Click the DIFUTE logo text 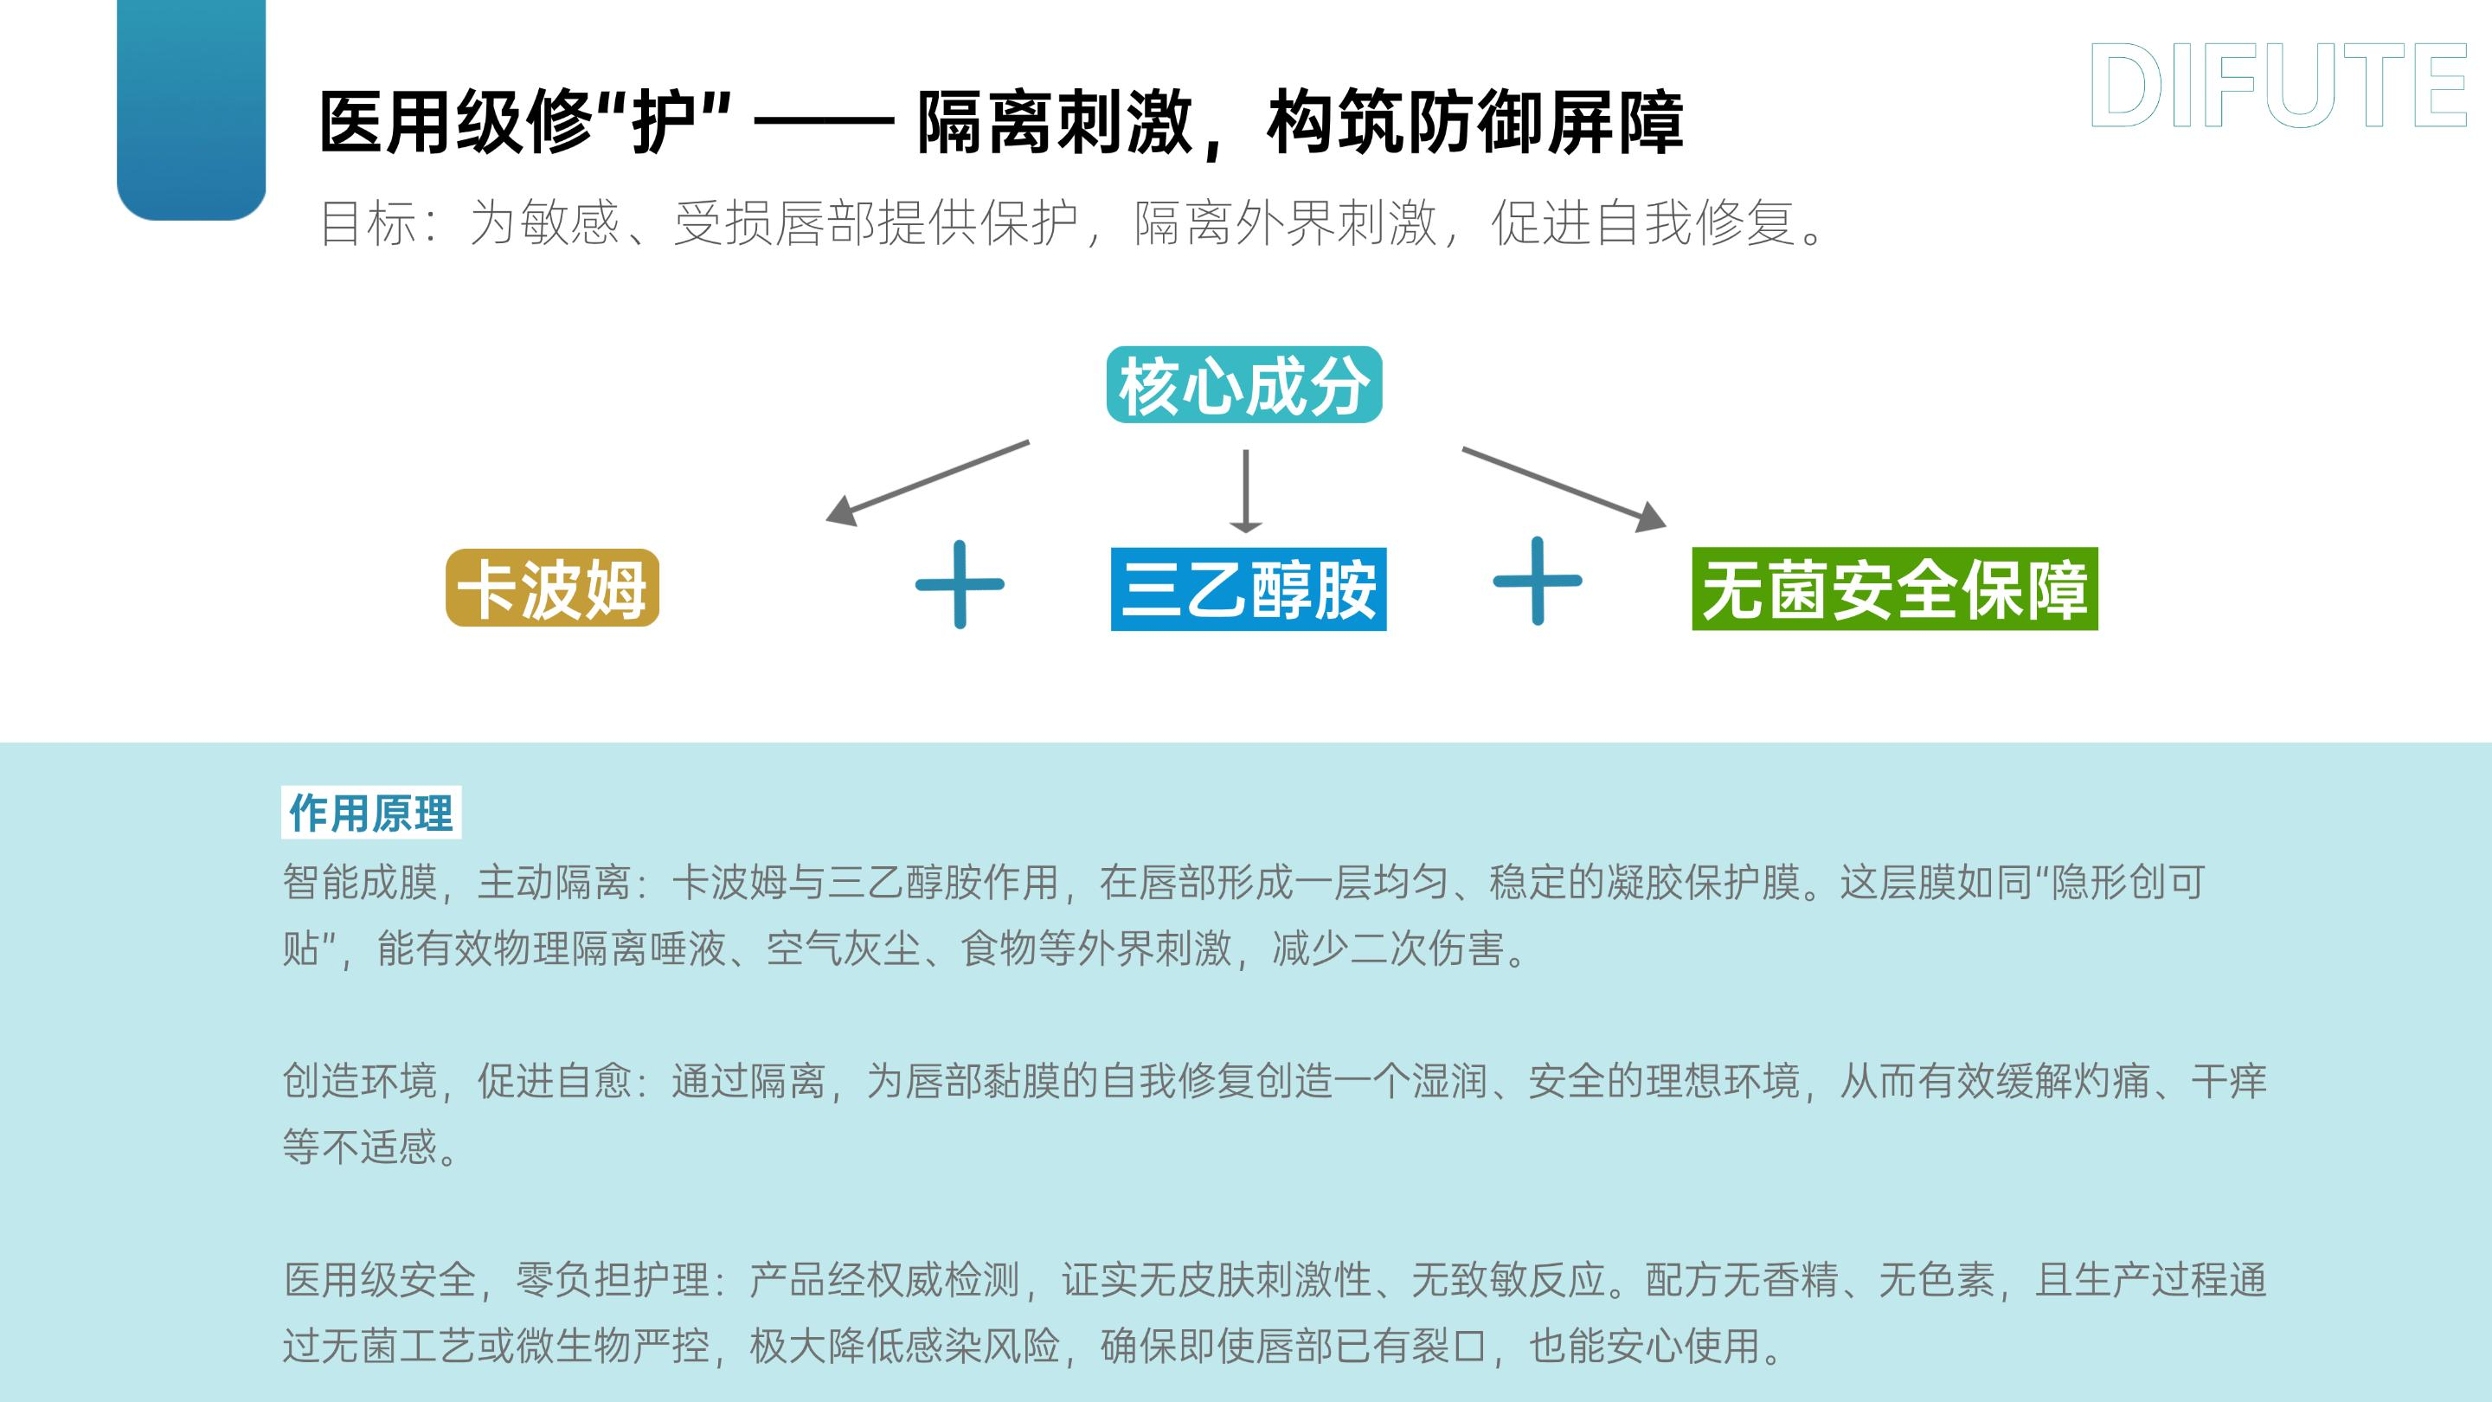point(2278,87)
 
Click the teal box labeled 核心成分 point(1244,385)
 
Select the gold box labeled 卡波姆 point(552,588)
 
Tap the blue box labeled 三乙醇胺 point(1248,589)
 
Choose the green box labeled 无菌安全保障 point(1894,589)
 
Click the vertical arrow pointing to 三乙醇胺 point(1245,492)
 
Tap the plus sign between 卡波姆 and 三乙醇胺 point(960,584)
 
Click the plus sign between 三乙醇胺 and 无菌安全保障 point(1538,582)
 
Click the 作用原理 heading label point(371,813)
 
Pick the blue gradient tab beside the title point(191,110)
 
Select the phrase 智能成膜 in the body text point(360,883)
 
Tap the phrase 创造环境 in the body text point(360,1081)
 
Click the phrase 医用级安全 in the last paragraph point(379,1280)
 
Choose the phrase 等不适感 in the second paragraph point(360,1147)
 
